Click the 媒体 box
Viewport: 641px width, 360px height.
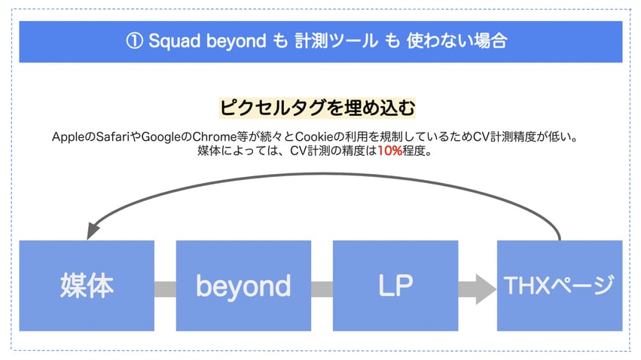[x=87, y=285]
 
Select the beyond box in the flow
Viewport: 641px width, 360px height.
[x=243, y=285]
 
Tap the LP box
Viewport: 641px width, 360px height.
[x=395, y=285]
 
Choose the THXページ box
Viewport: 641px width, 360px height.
[x=560, y=285]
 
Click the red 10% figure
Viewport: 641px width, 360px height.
[x=389, y=151]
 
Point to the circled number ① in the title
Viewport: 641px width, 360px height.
[x=134, y=41]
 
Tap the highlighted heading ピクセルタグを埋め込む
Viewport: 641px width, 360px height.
[x=317, y=108]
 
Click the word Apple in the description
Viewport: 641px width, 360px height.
[x=68, y=137]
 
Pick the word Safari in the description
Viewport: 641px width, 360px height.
[x=112, y=136]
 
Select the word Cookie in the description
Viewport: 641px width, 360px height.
[x=314, y=136]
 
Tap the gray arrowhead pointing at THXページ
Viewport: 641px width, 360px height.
[x=486, y=289]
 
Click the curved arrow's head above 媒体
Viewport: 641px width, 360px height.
[x=93, y=230]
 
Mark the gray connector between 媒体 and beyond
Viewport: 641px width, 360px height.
[x=165, y=289]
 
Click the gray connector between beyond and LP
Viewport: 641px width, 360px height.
[x=322, y=289]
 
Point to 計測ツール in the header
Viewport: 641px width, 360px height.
[x=336, y=41]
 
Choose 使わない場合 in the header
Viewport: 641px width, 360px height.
[x=456, y=41]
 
